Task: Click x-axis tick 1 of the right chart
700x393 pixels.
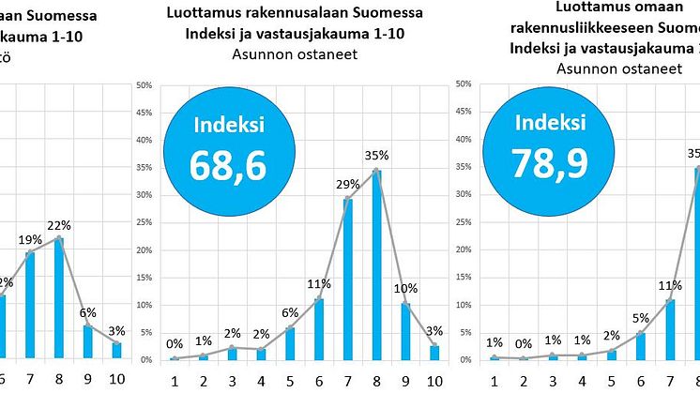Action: pyautogui.click(x=494, y=381)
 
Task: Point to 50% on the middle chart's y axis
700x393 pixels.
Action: pyautogui.click(x=145, y=85)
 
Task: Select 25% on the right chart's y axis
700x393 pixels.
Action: pyautogui.click(x=462, y=223)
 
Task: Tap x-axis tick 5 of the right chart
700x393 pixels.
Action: pyautogui.click(x=612, y=381)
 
